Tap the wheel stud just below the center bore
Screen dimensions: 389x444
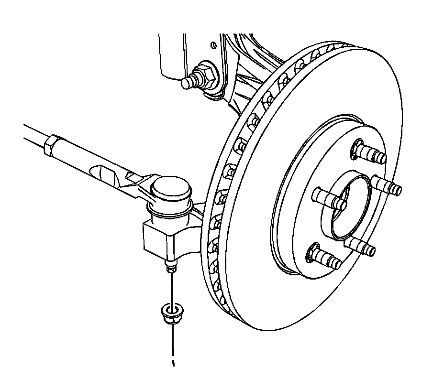click(x=359, y=246)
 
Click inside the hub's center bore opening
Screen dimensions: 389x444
click(x=352, y=210)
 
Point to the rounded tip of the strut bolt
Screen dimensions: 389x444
click(x=187, y=83)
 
